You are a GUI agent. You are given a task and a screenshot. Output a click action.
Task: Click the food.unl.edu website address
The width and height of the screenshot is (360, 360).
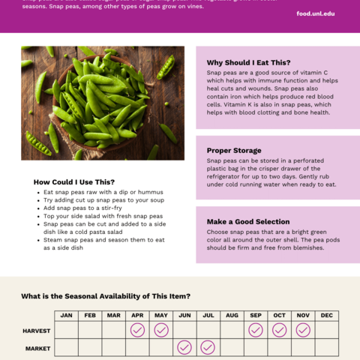(x=315, y=13)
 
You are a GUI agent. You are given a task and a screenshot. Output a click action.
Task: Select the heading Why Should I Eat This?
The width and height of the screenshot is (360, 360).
(x=248, y=62)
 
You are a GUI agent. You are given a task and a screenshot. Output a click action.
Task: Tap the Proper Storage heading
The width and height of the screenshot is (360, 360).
(x=234, y=150)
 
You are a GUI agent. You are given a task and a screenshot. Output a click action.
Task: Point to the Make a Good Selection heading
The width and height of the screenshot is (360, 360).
(x=247, y=221)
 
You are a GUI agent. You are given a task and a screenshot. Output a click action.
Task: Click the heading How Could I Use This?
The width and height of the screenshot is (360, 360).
(x=74, y=181)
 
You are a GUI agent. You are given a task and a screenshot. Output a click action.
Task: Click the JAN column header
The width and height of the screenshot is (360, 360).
(x=67, y=315)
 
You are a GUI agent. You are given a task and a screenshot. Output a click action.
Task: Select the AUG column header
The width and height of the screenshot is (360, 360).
(x=232, y=315)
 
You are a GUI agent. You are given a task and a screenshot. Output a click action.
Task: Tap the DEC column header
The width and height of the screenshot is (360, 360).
(x=326, y=315)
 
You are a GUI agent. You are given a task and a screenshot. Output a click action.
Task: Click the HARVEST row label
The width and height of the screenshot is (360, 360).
(x=37, y=330)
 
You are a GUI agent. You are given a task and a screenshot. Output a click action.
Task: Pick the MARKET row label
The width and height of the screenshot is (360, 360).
(x=37, y=348)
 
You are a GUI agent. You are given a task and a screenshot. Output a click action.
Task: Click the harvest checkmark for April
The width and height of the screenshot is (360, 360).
(x=137, y=330)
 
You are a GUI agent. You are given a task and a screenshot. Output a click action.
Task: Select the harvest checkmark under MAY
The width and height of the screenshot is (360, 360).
(x=161, y=330)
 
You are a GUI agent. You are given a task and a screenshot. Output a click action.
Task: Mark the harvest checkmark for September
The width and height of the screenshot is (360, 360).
(x=256, y=330)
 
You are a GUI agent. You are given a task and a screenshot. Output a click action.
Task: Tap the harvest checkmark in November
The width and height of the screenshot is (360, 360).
(x=303, y=330)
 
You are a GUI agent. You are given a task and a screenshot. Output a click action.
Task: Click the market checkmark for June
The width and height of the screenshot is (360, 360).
(x=184, y=347)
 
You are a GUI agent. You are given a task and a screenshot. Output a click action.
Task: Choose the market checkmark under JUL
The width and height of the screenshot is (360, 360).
(x=208, y=347)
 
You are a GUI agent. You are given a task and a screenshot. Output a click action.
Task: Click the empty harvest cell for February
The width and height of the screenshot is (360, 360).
(x=90, y=330)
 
